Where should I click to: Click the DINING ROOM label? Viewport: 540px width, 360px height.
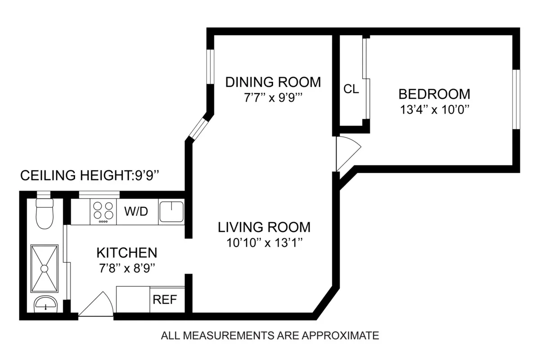273,82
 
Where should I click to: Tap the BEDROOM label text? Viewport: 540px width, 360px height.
434,94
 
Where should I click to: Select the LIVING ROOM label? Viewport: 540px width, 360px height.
264,227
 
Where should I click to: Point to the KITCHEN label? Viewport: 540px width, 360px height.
127,252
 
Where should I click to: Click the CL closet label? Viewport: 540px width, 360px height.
351,89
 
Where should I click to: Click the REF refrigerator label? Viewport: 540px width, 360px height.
166,300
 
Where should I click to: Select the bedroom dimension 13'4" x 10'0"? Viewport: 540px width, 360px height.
434,110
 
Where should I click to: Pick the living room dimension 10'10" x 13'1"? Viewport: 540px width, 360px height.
264,243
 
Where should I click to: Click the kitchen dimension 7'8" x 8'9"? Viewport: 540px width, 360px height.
127,268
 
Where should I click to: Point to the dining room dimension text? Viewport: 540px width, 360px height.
273,98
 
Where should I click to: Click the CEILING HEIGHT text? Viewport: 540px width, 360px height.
95,175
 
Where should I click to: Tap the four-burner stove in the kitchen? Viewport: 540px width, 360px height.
103,211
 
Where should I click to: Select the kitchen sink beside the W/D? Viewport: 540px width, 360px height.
171,211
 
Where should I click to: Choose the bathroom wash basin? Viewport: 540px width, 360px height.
46,304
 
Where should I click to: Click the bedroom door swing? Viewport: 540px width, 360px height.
347,153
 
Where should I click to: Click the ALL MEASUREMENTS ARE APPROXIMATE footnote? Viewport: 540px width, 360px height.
270,335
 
